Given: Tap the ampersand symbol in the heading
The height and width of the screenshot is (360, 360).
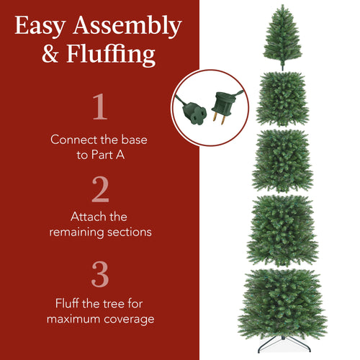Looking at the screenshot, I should click(51, 55).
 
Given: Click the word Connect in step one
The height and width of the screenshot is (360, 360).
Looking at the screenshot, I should click(73, 139).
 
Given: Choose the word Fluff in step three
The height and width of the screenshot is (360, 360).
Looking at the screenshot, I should click(69, 303).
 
